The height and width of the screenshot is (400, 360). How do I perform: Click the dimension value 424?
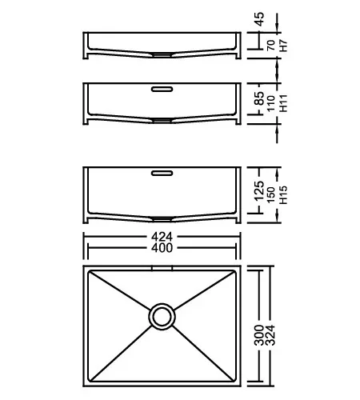tap(162, 237)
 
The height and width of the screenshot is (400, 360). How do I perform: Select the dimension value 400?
tap(162, 248)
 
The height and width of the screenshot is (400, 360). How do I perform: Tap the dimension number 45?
tap(259, 19)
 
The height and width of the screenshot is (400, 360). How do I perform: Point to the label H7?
tap(283, 46)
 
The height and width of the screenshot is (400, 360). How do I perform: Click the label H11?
tap(283, 103)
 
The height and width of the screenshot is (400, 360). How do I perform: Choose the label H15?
tap(283, 195)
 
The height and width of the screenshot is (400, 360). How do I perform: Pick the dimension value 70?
tap(271, 45)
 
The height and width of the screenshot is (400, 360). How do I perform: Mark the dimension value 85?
tap(259, 98)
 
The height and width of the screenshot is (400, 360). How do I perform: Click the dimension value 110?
tap(271, 103)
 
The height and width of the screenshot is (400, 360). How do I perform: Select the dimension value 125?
tap(259, 191)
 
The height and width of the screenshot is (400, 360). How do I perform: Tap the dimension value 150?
tap(271, 195)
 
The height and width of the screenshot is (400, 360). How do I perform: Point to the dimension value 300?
tap(259, 335)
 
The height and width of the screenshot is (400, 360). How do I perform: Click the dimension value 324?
tap(270, 335)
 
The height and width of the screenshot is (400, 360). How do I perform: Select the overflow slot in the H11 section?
tap(162, 89)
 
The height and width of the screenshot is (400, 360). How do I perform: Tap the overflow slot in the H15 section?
tap(162, 174)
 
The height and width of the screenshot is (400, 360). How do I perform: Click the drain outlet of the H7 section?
tap(162, 55)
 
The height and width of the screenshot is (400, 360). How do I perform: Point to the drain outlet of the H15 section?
tap(162, 219)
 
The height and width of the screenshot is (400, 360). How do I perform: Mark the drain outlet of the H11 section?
tap(162, 121)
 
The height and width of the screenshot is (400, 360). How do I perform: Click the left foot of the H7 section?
tap(86, 56)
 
